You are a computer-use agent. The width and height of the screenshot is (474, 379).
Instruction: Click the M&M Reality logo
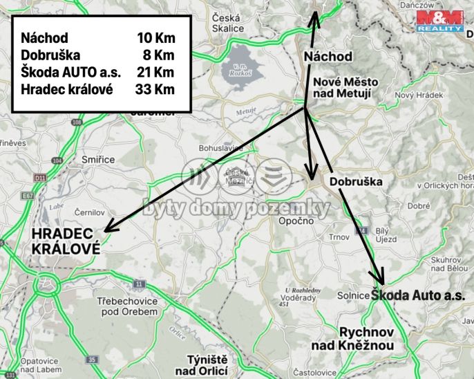(439, 21)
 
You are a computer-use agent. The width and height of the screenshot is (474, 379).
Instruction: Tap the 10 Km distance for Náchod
(155, 37)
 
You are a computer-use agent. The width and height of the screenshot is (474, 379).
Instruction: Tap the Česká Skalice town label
(228, 23)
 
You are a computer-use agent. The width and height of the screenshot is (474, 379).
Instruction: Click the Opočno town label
(296, 221)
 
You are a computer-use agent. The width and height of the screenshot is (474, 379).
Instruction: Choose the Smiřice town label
(97, 159)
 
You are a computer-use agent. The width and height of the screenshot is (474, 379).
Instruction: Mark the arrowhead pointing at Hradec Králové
(106, 228)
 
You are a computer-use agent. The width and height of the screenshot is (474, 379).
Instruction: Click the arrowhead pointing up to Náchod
(314, 17)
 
